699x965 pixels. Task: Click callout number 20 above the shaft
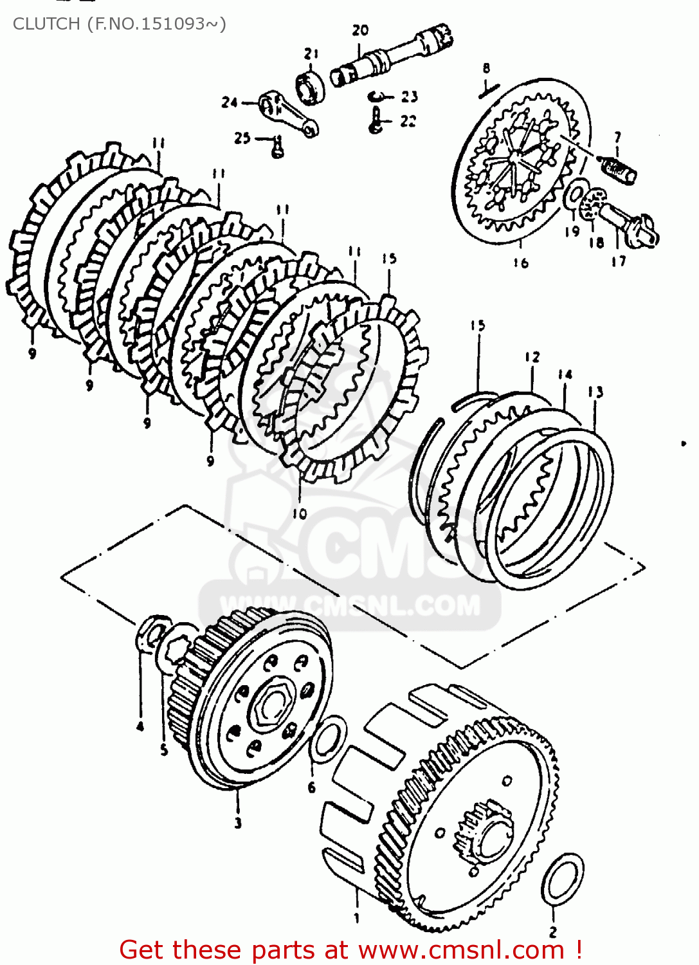(x=360, y=30)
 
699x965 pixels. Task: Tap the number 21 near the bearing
(x=311, y=53)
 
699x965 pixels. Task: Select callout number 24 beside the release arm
(x=230, y=102)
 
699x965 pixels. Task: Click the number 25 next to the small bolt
(x=242, y=138)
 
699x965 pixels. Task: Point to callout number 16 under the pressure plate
(x=520, y=262)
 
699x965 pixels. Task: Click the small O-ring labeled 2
(x=563, y=879)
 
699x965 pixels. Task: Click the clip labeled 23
(x=381, y=96)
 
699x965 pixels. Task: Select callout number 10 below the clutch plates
(x=300, y=513)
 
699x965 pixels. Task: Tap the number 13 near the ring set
(x=595, y=392)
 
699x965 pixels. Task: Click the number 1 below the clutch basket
(x=357, y=918)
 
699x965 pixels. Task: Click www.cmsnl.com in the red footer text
(x=461, y=950)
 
